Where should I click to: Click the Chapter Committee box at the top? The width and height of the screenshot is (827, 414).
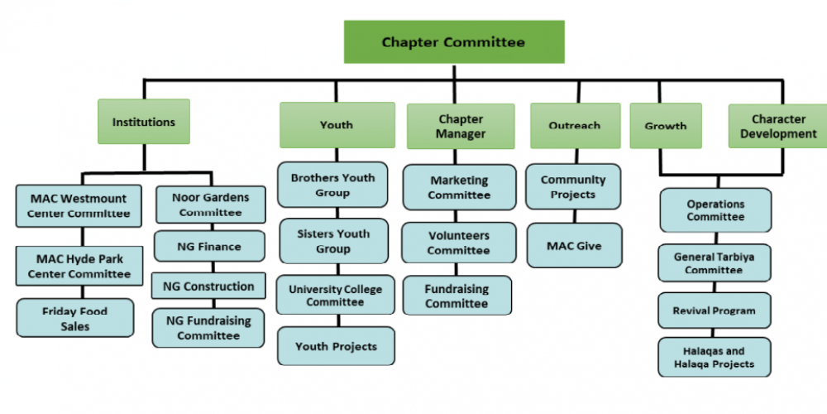453,42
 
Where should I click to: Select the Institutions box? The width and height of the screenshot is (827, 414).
144,122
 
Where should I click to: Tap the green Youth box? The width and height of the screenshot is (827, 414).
337,125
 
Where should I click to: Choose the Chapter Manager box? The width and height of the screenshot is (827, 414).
461,127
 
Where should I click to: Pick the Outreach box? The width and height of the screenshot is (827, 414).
575,125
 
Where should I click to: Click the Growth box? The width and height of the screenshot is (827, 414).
666,126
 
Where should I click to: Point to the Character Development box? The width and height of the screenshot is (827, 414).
777,126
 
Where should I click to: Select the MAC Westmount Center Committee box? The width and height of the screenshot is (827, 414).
79,206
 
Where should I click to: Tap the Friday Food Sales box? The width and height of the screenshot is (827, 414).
75,318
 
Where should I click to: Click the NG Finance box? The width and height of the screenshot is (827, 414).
209,246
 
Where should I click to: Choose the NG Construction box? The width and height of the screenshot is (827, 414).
209,286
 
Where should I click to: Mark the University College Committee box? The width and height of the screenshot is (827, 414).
336,295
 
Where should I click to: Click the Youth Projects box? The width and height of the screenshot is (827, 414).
336,346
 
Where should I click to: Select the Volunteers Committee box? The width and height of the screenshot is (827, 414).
459,242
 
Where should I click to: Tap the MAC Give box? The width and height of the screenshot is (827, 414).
574,245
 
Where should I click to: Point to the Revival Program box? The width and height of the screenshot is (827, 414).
715,310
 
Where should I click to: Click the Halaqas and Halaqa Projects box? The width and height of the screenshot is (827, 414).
715,357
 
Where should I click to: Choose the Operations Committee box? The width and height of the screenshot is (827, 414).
715,210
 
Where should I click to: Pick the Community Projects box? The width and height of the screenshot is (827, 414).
573,186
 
